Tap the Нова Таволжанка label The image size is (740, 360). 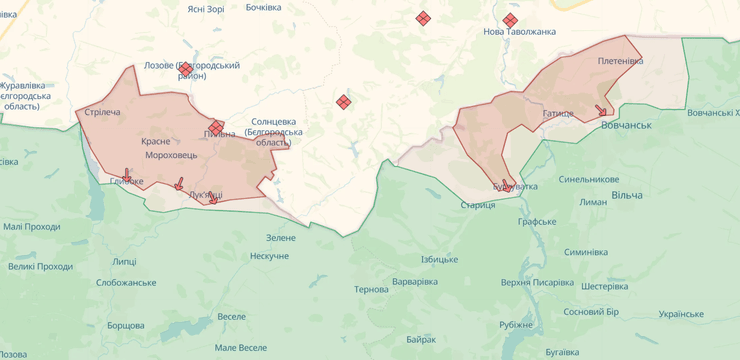tap(519, 32)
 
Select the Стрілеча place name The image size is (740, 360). tap(103, 112)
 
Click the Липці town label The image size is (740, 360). tap(124, 261)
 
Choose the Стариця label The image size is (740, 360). tap(477, 205)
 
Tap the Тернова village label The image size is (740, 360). tap(371, 289)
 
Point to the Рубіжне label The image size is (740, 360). tap(516, 324)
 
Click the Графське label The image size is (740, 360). tap(537, 221)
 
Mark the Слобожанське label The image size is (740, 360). tap(126, 283)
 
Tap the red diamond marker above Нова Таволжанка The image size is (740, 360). tap(510, 20)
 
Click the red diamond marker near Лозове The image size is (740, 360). tap(185, 69)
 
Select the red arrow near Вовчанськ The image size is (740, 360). tap(601, 111)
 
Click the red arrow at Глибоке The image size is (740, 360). tap(127, 174)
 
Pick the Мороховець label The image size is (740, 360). tap(171, 156)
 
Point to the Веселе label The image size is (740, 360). tap(231, 316)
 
